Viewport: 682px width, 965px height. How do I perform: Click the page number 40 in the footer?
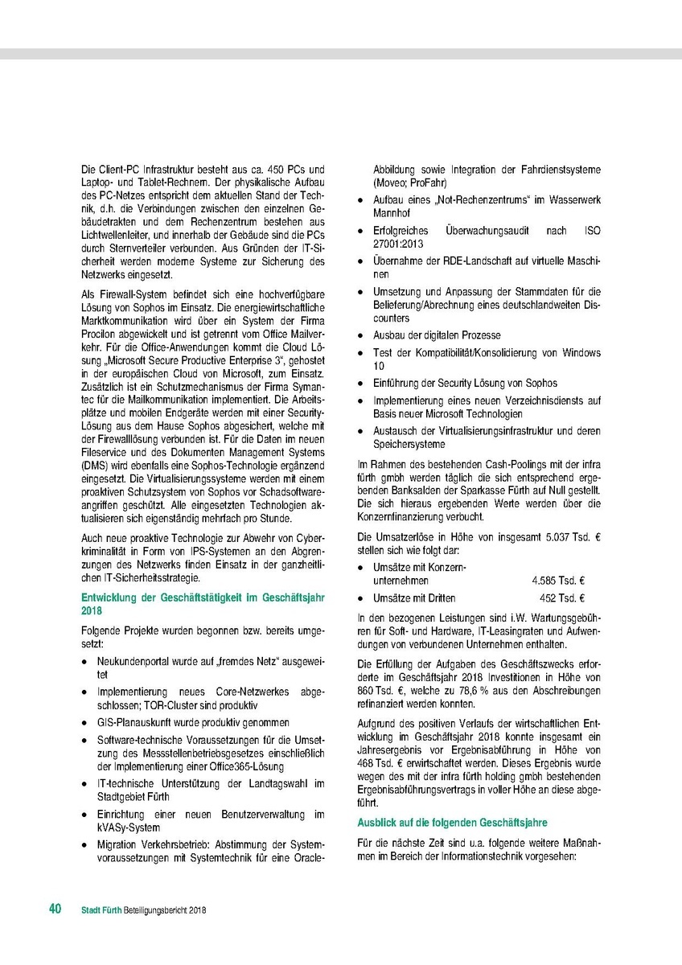click(x=55, y=910)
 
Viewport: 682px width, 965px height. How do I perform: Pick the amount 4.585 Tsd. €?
click(x=558, y=580)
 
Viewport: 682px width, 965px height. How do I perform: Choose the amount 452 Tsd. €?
click(x=561, y=598)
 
